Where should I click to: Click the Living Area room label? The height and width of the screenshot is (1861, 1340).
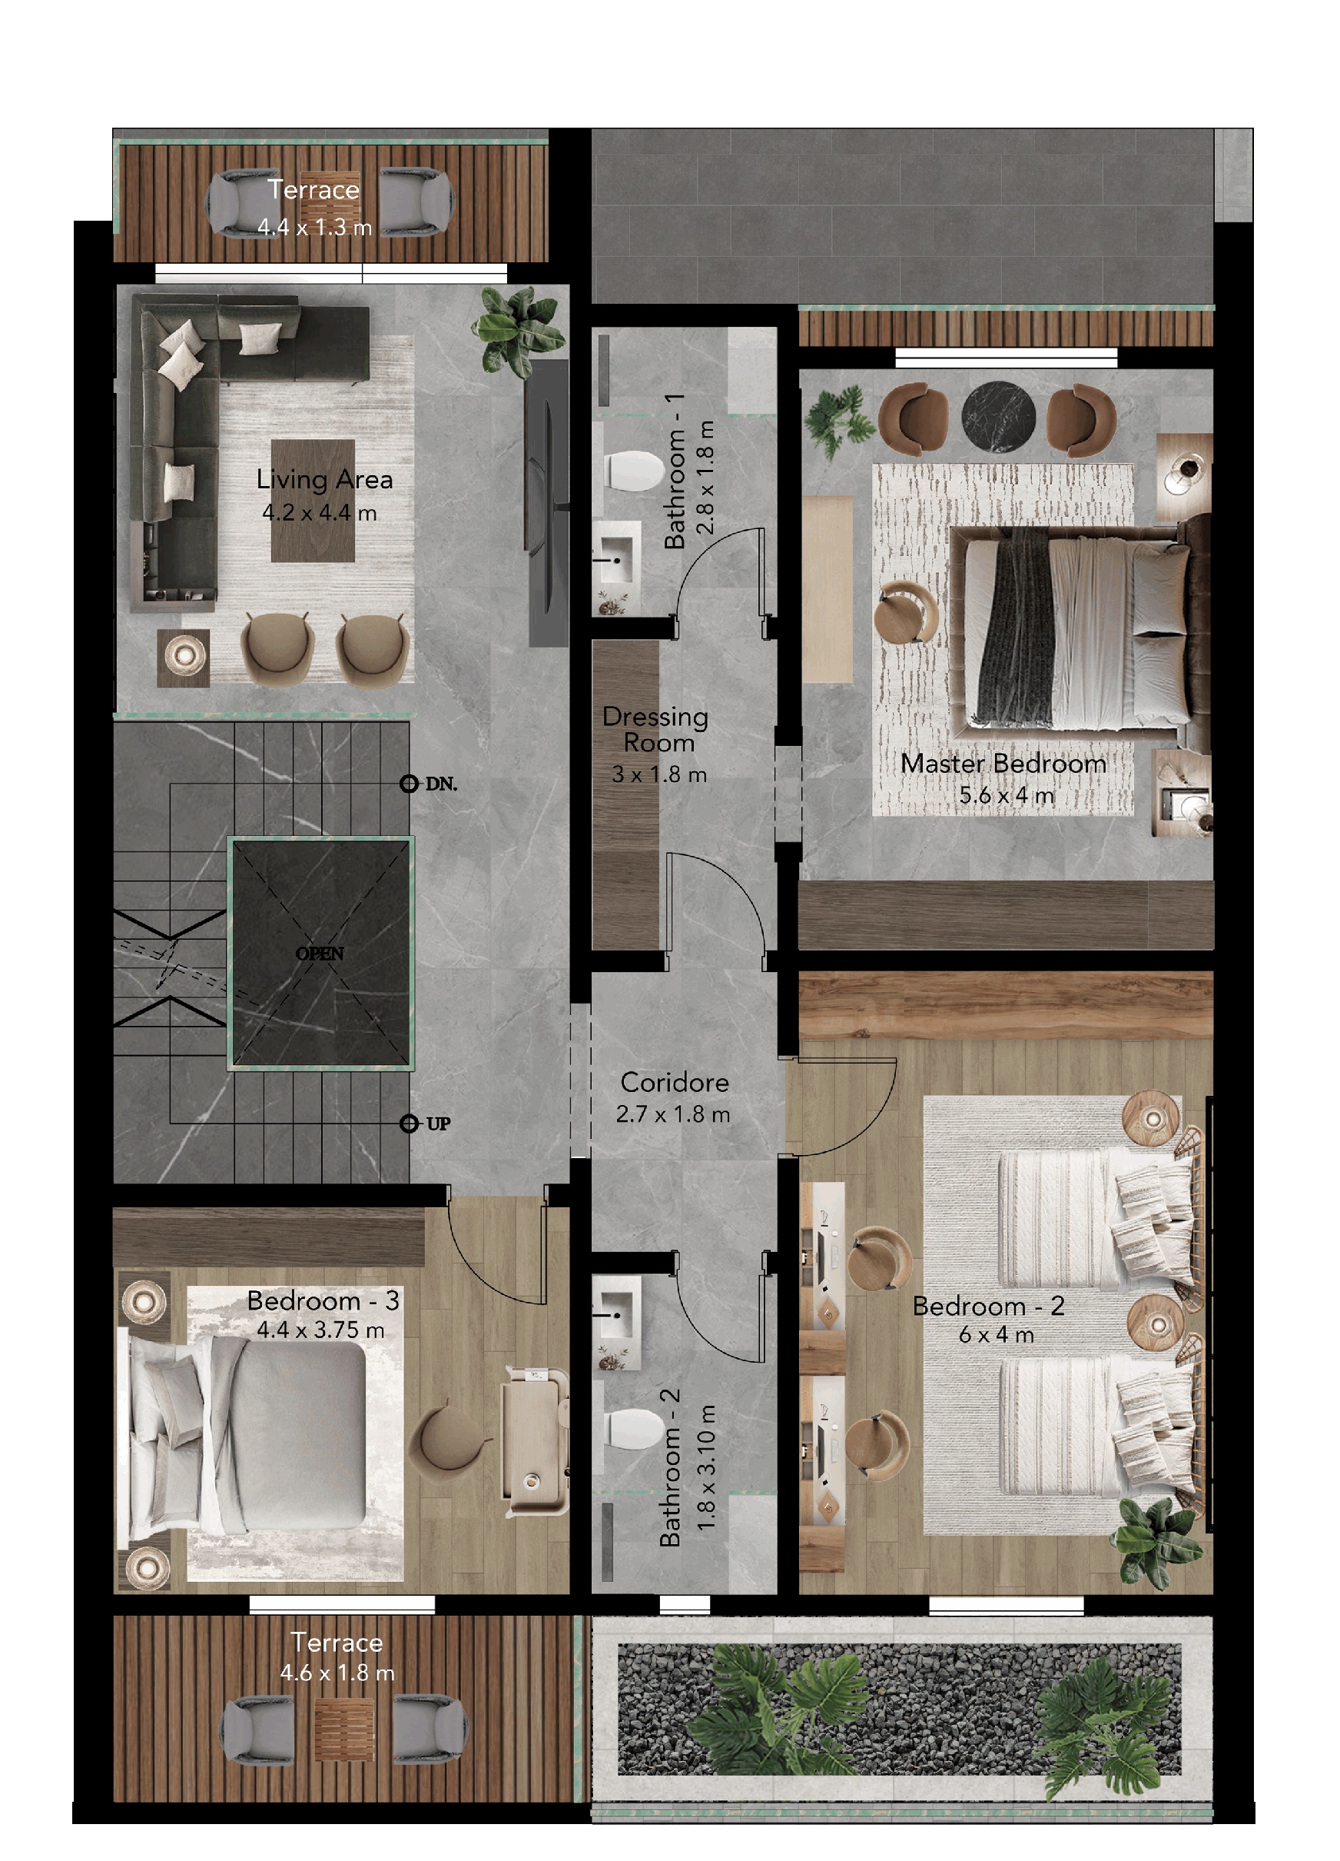point(325,479)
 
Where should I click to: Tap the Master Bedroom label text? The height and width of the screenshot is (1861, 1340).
point(1003,763)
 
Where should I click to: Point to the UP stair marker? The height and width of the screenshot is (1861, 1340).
point(426,1124)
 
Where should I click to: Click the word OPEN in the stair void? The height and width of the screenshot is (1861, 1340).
point(320,954)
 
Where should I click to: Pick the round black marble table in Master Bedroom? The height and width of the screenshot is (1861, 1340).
point(997,417)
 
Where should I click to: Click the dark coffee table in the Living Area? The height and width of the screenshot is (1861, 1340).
point(313,501)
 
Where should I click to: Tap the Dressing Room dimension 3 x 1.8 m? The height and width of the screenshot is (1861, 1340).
point(658,774)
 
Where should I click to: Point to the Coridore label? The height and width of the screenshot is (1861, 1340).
point(674,1082)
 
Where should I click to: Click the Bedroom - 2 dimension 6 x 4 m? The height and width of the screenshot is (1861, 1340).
point(996,1335)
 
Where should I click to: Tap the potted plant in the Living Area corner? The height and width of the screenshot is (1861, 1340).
point(516,331)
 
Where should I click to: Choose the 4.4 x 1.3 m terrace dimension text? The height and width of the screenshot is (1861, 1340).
point(314,228)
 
